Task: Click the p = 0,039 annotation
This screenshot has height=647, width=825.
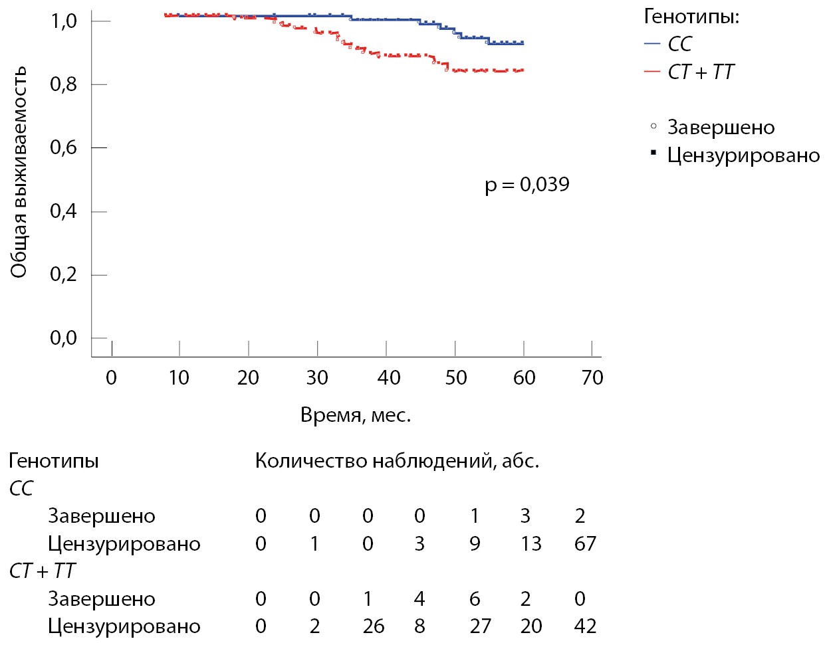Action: pos(527,184)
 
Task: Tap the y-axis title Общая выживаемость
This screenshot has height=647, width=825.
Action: pos(19,171)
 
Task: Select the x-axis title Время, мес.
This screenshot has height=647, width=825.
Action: pos(356,415)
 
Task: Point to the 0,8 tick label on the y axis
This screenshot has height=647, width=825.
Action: pos(63,84)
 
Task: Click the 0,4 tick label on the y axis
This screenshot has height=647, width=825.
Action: pos(63,211)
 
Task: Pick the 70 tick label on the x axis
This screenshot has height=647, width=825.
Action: pos(592,378)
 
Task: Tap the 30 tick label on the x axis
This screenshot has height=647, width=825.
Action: pos(317,378)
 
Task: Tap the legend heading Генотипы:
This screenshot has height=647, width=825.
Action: pos(691,17)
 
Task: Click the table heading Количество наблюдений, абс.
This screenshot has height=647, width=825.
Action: pos(397,460)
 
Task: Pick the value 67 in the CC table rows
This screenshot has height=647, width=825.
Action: pos(585,543)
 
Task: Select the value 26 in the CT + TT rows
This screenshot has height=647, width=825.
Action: pos(374,626)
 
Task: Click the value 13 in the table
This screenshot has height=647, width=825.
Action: pos(530,543)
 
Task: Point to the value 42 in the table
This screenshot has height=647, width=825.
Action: pos(585,626)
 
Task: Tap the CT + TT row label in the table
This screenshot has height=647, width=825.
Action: pos(43,571)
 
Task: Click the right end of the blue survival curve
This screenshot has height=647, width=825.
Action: pos(523,43)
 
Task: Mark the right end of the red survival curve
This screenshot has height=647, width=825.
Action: pos(523,70)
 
